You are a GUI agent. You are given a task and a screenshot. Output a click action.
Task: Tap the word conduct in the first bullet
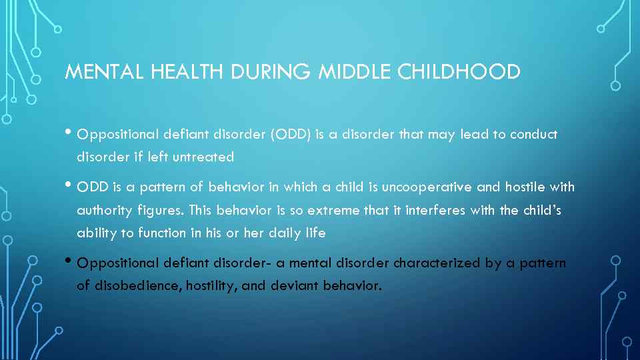pyautogui.click(x=533, y=135)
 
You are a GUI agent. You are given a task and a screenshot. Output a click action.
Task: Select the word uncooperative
pyautogui.click(x=385, y=187)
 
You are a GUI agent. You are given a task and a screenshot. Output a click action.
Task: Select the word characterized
pyautogui.click(x=437, y=263)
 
